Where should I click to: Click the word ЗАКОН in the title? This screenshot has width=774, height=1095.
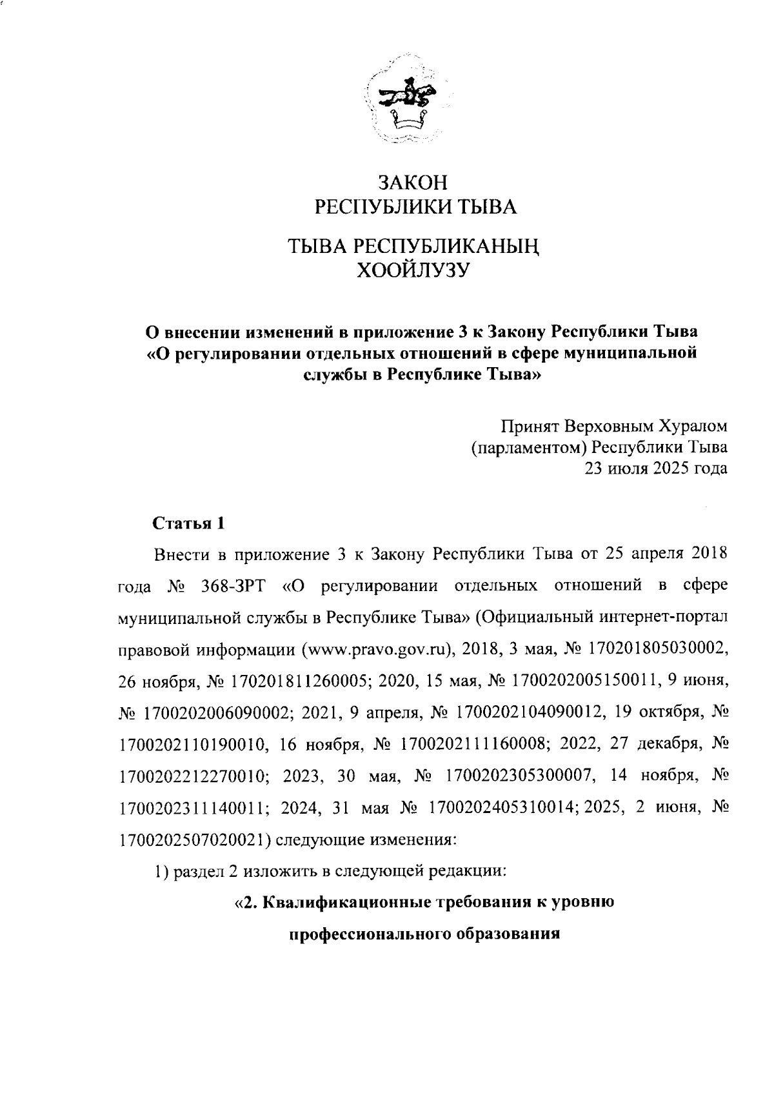pyautogui.click(x=413, y=183)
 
